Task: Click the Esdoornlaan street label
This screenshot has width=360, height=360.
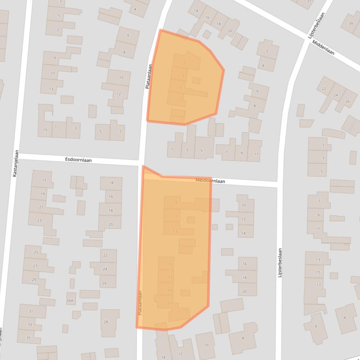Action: coord(78,160)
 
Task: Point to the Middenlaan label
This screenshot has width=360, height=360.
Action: coord(323,48)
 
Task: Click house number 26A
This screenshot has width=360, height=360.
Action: coord(70,301)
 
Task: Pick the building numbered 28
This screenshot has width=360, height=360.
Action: coord(106,322)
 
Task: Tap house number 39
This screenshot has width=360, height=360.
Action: coord(350,25)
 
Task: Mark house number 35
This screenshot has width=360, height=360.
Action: coord(29,338)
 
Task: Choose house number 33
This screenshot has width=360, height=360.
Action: coord(29,324)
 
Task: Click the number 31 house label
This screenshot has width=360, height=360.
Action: coord(31,311)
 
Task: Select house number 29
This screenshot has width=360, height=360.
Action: coord(34,280)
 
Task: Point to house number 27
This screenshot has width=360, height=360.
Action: coord(35,266)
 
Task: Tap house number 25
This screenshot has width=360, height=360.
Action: coord(37,252)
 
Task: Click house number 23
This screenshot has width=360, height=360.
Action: coord(39,220)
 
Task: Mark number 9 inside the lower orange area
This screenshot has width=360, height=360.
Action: coord(176,202)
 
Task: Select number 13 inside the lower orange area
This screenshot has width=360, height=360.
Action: coord(175,231)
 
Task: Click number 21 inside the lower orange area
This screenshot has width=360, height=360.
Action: coord(169,303)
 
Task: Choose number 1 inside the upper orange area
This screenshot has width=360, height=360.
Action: coord(185,62)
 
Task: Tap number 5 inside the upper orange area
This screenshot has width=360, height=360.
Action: coord(181,87)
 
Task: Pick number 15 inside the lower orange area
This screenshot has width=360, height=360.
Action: coord(170,265)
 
